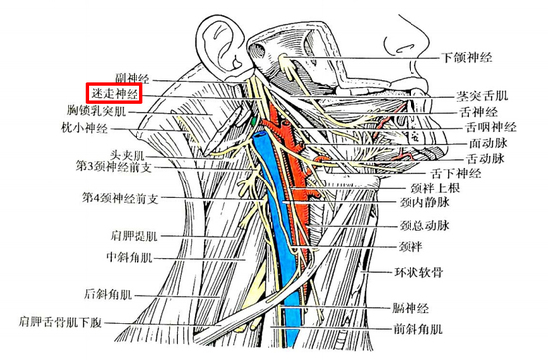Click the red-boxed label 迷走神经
coord(113,93)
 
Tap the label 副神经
coord(129,76)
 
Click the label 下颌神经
coord(468,59)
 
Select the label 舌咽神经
coord(490,127)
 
